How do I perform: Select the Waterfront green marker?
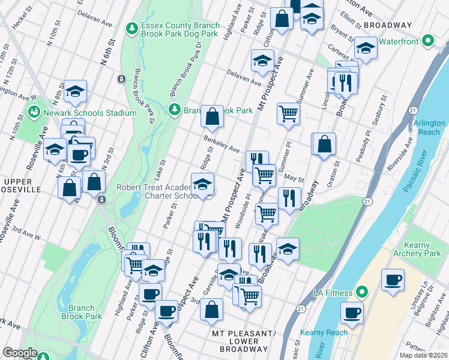click(x=427, y=41)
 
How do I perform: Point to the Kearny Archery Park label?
click(x=409, y=249)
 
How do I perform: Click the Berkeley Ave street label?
click(x=221, y=144)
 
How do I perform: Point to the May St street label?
click(x=294, y=178)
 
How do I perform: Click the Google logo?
click(x=20, y=352)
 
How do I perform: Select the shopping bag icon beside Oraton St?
click(x=324, y=144)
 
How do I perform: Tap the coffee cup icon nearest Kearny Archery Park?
click(x=393, y=280)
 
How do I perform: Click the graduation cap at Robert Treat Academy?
click(x=203, y=184)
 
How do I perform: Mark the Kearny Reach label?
click(x=328, y=332)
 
